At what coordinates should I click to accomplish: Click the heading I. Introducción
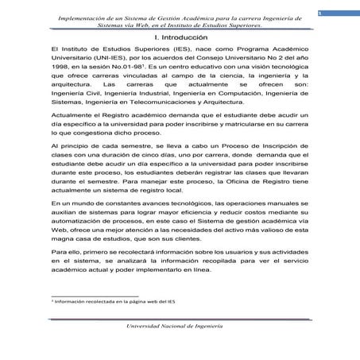coord(180,37)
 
